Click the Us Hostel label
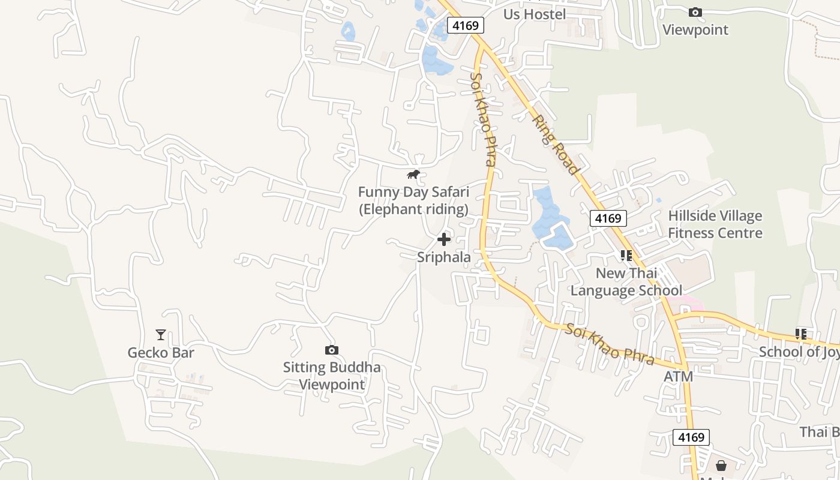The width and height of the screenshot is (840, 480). [x=535, y=14]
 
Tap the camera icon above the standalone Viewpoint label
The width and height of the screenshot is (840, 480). [x=695, y=12]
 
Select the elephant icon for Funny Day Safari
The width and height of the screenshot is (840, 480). [x=413, y=175]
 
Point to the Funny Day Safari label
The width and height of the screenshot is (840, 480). [x=413, y=200]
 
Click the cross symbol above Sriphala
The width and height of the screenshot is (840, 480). [x=444, y=240]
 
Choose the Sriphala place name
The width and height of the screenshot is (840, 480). [x=444, y=257]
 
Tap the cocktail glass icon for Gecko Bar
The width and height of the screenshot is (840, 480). [x=161, y=335]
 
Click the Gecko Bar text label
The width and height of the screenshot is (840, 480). [x=161, y=352]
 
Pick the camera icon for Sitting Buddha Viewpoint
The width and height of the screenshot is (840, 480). [x=332, y=350]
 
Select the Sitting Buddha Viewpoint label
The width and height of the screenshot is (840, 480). [x=332, y=376]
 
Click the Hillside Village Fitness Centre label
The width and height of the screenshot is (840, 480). [x=715, y=224]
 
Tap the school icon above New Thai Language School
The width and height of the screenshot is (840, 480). [x=626, y=256]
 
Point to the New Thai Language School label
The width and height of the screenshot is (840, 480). [x=626, y=282]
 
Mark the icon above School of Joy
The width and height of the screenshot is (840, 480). [x=801, y=334]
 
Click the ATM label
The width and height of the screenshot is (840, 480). [x=679, y=377]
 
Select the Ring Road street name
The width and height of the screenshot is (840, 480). [x=556, y=145]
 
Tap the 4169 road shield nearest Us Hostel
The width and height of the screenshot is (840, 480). [x=466, y=25]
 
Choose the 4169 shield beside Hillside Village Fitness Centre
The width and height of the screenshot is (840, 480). [x=608, y=218]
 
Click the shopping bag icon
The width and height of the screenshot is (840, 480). [x=721, y=466]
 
